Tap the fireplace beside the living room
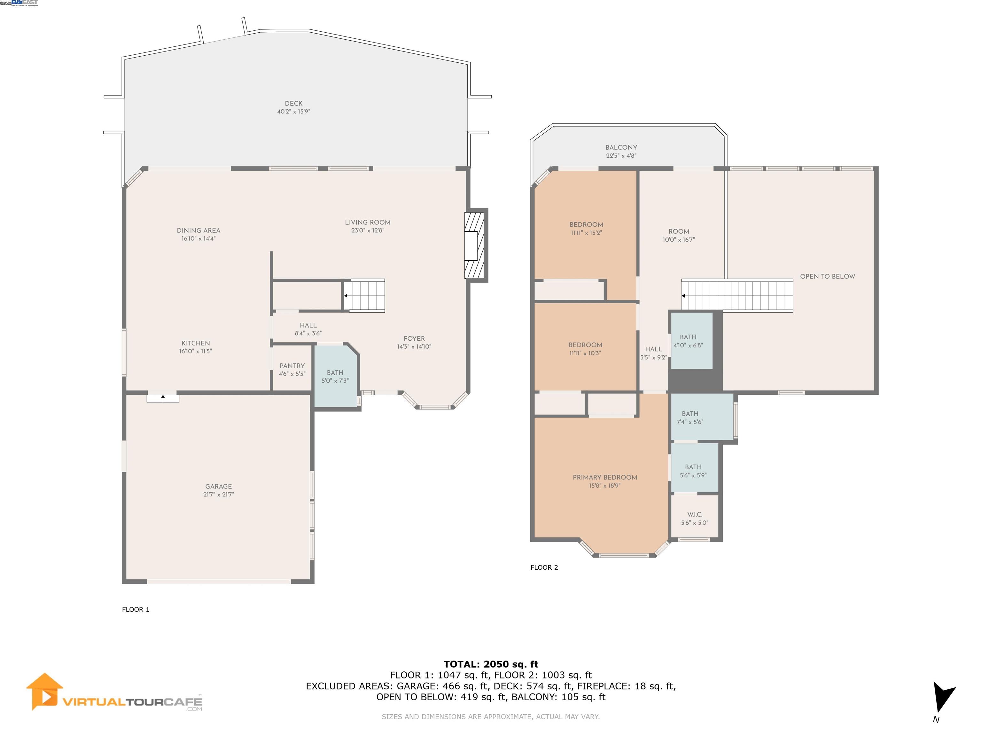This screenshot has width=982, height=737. [476, 245]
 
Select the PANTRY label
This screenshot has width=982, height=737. [292, 366]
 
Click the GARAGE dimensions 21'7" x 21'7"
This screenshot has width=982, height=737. [218, 495]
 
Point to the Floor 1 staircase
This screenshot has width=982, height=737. [364, 296]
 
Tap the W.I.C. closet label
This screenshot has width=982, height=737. [695, 514]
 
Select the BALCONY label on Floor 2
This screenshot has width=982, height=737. [621, 147]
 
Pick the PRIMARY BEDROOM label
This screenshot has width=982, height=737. [605, 478]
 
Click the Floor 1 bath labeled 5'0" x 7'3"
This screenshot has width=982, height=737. [336, 377]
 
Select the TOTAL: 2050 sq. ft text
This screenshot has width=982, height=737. [491, 664]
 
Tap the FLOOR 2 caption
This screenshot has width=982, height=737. [544, 567]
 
